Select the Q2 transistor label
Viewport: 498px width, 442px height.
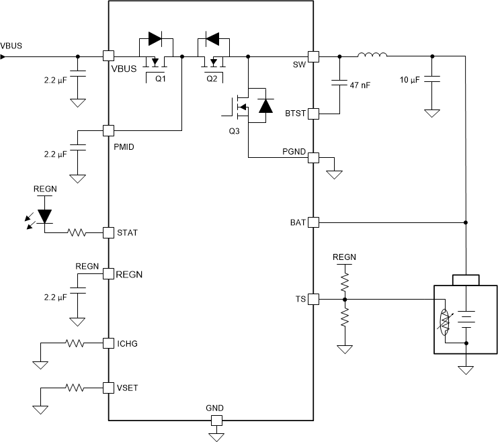pos(212,79)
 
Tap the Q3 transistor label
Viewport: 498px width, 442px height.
pos(234,130)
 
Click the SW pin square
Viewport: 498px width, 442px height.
pos(313,56)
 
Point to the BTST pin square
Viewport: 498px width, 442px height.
pos(313,114)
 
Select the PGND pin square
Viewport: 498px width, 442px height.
pos(313,158)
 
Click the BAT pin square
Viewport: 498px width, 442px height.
pos(313,222)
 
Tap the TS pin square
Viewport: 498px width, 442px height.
pos(313,300)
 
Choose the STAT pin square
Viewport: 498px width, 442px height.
pos(108,232)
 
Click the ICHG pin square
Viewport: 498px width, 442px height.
pos(108,343)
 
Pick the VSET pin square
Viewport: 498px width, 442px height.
pos(108,388)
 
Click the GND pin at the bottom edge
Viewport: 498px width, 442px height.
pos(216,421)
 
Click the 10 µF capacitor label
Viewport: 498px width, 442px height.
pos(411,80)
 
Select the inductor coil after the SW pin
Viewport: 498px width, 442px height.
pos(372,55)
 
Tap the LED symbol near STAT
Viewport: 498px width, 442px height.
pos(45,216)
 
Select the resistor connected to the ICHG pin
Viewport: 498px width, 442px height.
pos(75,343)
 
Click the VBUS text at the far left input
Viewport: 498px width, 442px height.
pos(11,46)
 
